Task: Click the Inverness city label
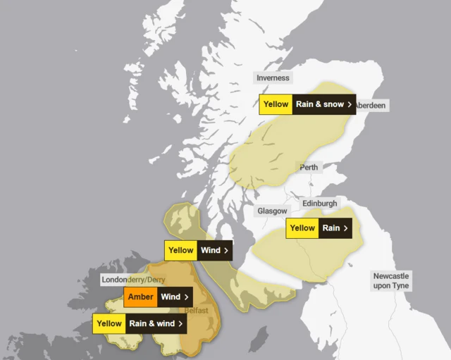[273, 78]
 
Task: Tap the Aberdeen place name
[370, 105]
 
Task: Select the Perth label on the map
[309, 168]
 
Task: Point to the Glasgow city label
[272, 211]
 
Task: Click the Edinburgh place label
[320, 204]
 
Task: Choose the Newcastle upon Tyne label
[391, 281]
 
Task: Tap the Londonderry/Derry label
[133, 280]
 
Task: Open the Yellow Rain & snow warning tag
[307, 104]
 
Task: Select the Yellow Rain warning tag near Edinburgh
[319, 228]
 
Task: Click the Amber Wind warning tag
[159, 297]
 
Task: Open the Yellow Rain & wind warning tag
[140, 324]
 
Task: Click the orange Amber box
[140, 297]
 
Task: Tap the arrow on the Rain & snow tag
[350, 104]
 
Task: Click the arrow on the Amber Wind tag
[187, 297]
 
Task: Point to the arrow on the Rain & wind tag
[181, 324]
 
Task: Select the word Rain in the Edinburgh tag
[330, 228]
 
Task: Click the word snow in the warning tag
[333, 104]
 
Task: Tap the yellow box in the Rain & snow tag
[276, 104]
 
